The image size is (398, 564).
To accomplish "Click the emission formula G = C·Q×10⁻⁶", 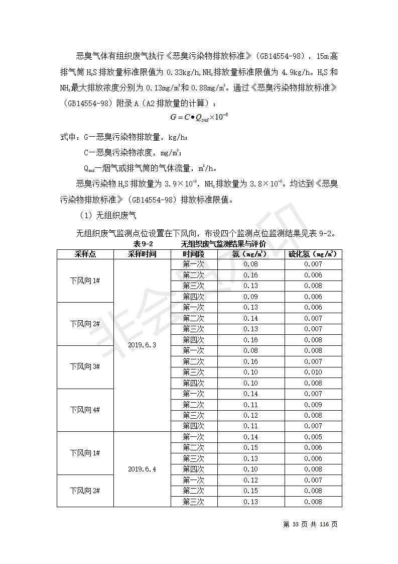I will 199,117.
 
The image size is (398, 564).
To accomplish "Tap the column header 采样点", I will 85,254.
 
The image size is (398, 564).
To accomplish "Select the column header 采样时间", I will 142,254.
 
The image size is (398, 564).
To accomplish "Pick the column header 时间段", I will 193,254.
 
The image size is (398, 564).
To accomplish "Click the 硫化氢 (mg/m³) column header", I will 313,254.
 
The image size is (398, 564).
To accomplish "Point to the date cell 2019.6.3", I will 142,345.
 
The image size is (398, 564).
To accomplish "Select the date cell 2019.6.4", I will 142,469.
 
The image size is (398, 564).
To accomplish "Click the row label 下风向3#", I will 85,366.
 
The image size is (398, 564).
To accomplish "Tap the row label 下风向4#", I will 85,410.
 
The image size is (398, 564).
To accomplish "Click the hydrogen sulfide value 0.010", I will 313,372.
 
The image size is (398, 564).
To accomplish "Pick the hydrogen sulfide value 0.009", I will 313,405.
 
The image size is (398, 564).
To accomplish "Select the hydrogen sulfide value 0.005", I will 313,437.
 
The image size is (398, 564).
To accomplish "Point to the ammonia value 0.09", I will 250,297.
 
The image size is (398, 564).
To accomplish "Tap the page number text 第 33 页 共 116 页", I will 310,524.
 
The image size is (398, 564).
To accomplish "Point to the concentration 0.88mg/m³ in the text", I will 207,87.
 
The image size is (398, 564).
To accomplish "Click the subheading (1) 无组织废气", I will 108,216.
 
